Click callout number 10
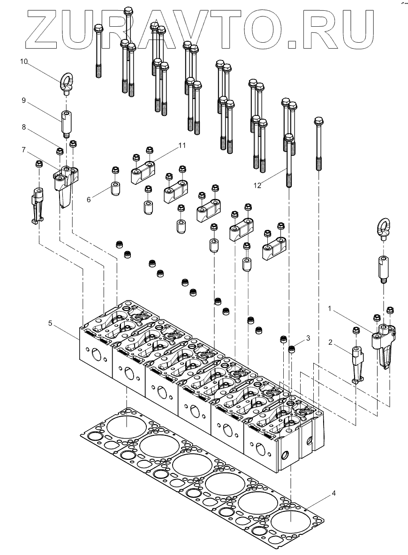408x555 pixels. pos(24,61)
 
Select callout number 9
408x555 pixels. pos(24,100)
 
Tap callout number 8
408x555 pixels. pos(24,127)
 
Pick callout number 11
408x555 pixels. pos(182,146)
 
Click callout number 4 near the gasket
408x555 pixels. pos(333,493)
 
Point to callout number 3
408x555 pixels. pos(308,338)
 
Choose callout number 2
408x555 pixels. pos(331,342)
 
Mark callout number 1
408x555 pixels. pos(331,309)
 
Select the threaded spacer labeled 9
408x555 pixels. pos(65,122)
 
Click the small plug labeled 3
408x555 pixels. pos(291,349)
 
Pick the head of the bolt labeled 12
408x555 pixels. pos(289,138)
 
